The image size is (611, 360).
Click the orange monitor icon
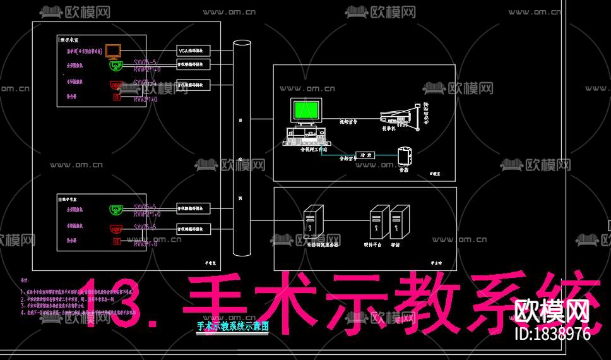click(x=113, y=51)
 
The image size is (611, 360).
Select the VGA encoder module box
click(x=193, y=51)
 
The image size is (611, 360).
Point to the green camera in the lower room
click(x=115, y=209)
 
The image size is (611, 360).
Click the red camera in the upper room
click(x=115, y=84)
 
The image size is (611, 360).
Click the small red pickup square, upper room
click(x=116, y=97)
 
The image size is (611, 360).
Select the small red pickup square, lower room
click(x=116, y=241)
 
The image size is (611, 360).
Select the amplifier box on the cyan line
click(x=365, y=155)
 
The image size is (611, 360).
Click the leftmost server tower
click(x=313, y=221)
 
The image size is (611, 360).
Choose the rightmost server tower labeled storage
click(x=396, y=222)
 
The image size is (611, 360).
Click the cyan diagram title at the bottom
click(x=232, y=327)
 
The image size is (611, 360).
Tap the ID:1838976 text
click(x=552, y=333)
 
